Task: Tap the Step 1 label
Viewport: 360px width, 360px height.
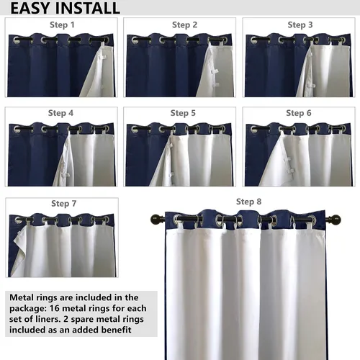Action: click(62, 24)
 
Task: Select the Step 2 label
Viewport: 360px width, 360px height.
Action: click(184, 24)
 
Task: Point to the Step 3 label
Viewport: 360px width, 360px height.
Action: click(300, 24)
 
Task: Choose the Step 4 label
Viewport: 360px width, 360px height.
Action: click(60, 113)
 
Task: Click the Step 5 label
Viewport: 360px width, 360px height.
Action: click(183, 113)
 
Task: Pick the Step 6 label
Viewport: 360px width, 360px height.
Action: click(299, 113)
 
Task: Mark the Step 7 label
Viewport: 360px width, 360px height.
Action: click(64, 204)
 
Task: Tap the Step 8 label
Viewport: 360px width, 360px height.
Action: click(248, 202)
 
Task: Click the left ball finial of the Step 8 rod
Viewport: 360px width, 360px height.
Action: click(155, 220)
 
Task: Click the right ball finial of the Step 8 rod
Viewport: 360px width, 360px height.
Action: click(336, 220)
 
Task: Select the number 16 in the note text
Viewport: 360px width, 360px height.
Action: click(54, 308)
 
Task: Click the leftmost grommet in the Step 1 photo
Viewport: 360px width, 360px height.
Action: click(17, 40)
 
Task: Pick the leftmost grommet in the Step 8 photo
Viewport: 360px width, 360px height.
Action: click(178, 219)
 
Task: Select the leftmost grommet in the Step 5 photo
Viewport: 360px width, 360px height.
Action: click(135, 129)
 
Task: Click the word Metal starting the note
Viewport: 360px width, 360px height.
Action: click(22, 297)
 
